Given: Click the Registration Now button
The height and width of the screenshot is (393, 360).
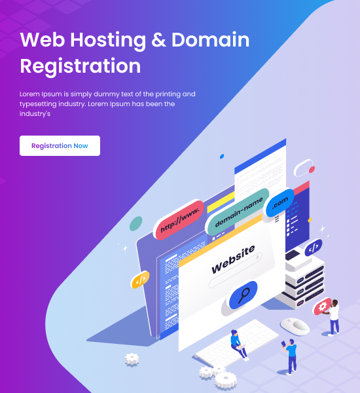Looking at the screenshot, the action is (60, 145).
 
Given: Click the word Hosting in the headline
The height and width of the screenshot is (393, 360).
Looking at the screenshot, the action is (108, 41).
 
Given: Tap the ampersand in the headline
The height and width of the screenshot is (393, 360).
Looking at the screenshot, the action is (158, 39).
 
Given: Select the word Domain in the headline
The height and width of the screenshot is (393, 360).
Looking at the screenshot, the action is (211, 39).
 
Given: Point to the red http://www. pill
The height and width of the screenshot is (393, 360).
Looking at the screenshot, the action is (179, 219).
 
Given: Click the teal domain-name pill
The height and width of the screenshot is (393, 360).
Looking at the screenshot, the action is (237, 212).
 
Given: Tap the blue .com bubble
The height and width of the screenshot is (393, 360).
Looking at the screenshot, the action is (279, 203).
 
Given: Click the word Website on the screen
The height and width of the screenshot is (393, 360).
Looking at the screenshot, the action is (233, 259).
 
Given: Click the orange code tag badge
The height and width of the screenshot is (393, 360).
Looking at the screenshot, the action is (140, 280).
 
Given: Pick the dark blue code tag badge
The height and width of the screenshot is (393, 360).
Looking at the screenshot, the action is (313, 248).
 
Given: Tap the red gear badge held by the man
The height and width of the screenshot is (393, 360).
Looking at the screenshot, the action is (322, 307).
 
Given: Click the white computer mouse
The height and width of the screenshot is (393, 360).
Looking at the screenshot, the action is (295, 326).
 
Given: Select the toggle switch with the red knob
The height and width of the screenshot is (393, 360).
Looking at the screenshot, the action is (304, 168).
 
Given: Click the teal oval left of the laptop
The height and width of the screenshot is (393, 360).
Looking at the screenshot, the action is (135, 223).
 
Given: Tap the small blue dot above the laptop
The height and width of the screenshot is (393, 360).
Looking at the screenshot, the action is (222, 157).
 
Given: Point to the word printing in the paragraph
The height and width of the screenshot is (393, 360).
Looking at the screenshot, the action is (168, 94).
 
